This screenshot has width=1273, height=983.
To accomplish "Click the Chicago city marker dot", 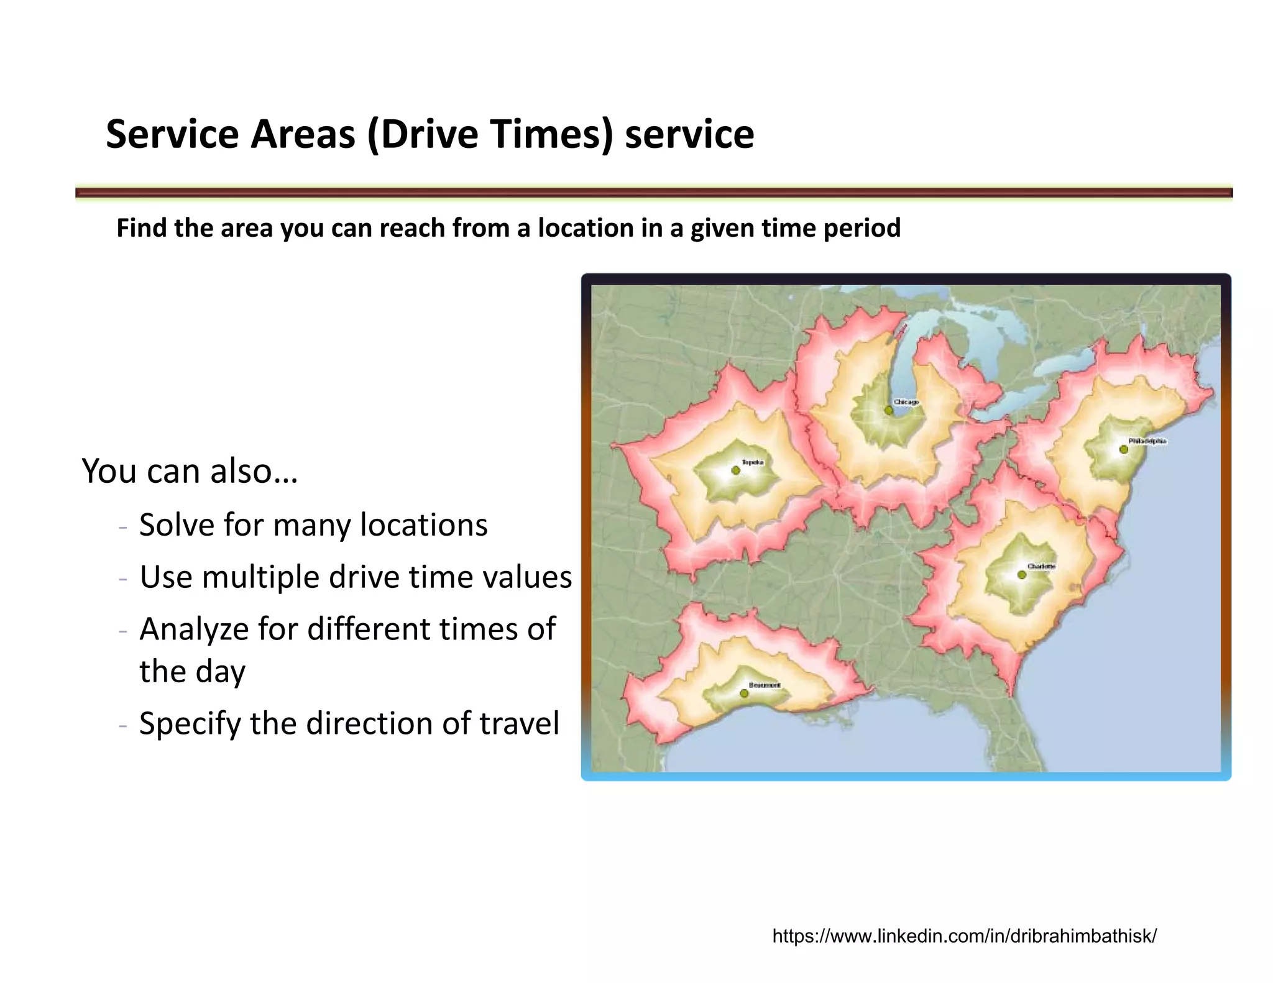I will click(888, 410).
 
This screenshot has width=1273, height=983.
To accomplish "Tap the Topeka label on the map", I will click(752, 462).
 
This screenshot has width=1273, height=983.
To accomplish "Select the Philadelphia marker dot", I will click(1123, 449).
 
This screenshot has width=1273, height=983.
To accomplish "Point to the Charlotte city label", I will click(1041, 566).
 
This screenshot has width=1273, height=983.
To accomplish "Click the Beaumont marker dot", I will click(744, 693).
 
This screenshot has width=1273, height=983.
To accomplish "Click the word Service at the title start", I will click(172, 134).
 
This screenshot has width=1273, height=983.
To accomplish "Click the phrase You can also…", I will click(190, 471).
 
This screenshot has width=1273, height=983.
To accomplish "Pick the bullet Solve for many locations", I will click(313, 525).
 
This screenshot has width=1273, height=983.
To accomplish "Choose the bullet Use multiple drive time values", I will click(355, 577).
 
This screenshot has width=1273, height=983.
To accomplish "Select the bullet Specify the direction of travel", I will click(349, 723).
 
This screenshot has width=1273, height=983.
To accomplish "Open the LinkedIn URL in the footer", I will click(964, 936).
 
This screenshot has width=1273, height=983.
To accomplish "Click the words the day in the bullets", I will click(192, 672).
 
